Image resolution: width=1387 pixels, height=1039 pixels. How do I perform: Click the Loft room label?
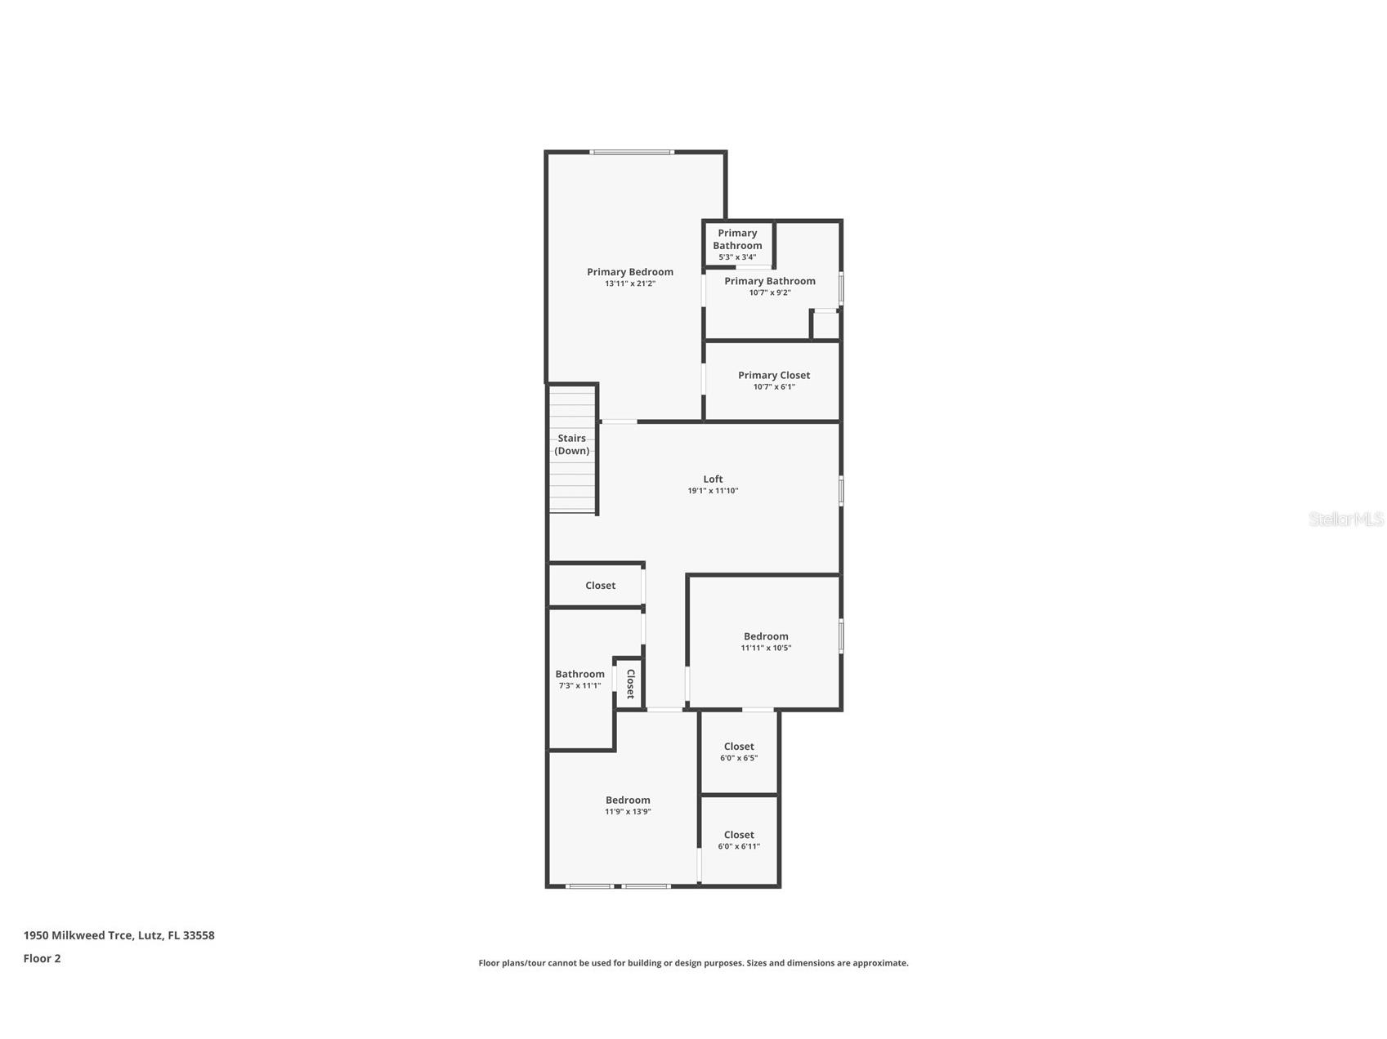click(x=713, y=479)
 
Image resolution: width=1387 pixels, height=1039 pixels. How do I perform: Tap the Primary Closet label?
click(x=773, y=375)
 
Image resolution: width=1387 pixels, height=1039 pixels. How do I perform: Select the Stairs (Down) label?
click(x=572, y=444)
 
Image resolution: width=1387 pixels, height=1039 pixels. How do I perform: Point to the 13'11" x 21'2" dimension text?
click(x=629, y=284)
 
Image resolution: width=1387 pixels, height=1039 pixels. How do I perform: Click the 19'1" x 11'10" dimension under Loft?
click(x=713, y=491)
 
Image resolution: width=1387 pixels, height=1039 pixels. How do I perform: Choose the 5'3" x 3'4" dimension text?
click(x=736, y=257)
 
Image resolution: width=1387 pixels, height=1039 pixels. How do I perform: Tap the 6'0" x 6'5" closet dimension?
click(x=738, y=758)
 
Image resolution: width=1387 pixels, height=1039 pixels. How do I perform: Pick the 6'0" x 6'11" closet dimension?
click(x=738, y=846)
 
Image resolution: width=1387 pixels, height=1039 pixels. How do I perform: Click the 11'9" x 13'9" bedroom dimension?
click(x=628, y=812)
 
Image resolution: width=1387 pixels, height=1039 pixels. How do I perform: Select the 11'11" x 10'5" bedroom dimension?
click(x=766, y=648)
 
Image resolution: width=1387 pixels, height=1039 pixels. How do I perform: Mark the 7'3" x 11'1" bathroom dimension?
click(x=579, y=686)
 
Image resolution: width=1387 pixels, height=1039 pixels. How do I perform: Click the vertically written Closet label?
click(x=630, y=684)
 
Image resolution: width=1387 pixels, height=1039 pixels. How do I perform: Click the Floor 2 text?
click(x=42, y=959)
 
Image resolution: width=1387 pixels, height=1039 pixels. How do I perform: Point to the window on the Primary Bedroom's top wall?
click(x=632, y=152)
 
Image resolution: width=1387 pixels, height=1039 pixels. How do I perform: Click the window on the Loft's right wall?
click(x=841, y=491)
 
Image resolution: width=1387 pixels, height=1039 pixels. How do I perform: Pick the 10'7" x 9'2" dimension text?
click(x=769, y=292)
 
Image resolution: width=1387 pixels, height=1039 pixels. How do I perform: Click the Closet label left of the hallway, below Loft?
click(x=600, y=586)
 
